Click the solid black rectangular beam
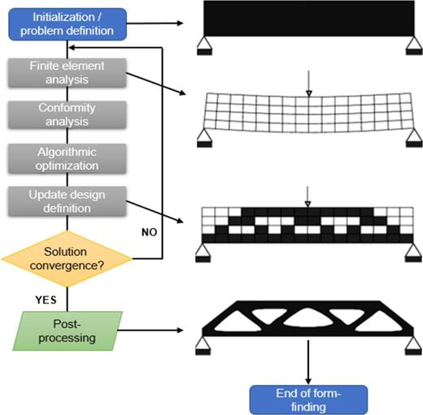308,21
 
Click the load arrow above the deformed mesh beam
308,84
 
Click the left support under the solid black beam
203,49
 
